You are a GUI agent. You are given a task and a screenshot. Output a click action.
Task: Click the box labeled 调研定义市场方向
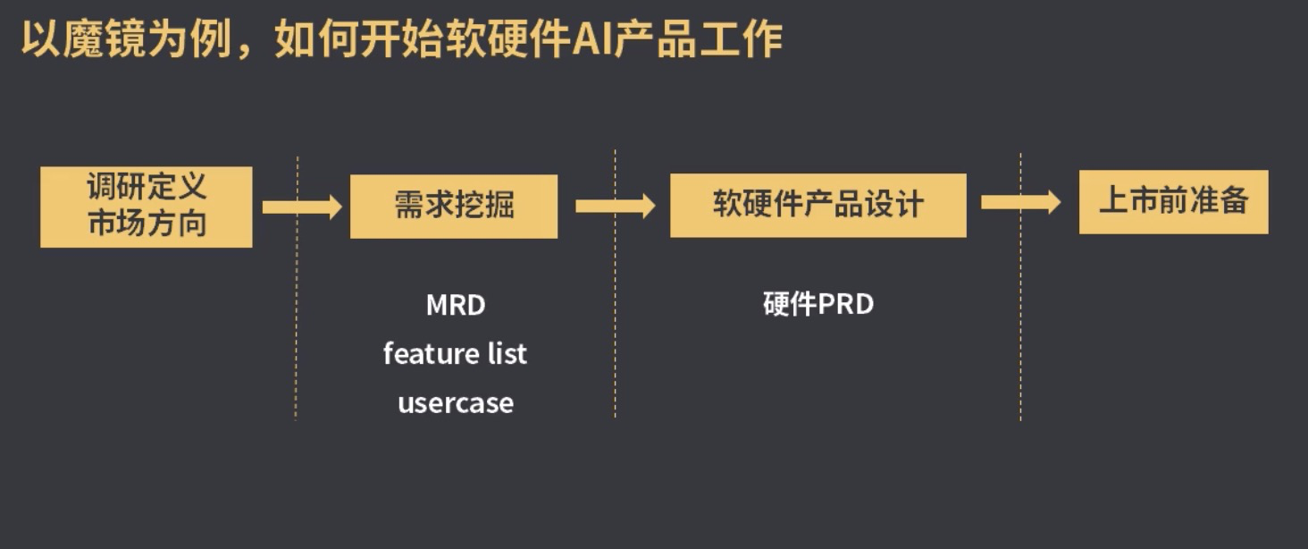click(146, 207)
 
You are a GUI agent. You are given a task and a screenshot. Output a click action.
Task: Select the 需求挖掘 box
click(453, 207)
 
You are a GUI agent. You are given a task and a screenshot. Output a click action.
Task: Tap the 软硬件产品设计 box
click(817, 206)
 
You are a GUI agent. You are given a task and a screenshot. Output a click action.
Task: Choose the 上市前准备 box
click(1173, 202)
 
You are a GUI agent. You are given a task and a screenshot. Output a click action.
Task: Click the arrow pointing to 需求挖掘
click(302, 207)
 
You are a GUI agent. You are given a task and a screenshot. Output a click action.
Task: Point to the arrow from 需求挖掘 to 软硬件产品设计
click(615, 207)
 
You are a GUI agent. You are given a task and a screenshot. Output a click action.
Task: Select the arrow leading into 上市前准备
click(1020, 202)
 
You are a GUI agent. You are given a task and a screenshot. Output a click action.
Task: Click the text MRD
click(456, 306)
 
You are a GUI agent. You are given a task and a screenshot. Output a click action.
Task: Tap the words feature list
click(455, 354)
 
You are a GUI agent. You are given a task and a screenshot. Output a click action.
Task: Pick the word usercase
click(456, 403)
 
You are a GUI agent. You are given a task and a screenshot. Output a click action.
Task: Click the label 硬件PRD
click(818, 305)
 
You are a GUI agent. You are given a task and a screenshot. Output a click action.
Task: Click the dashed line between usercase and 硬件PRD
click(615, 358)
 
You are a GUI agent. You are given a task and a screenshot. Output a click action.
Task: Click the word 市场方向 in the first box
click(147, 224)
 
